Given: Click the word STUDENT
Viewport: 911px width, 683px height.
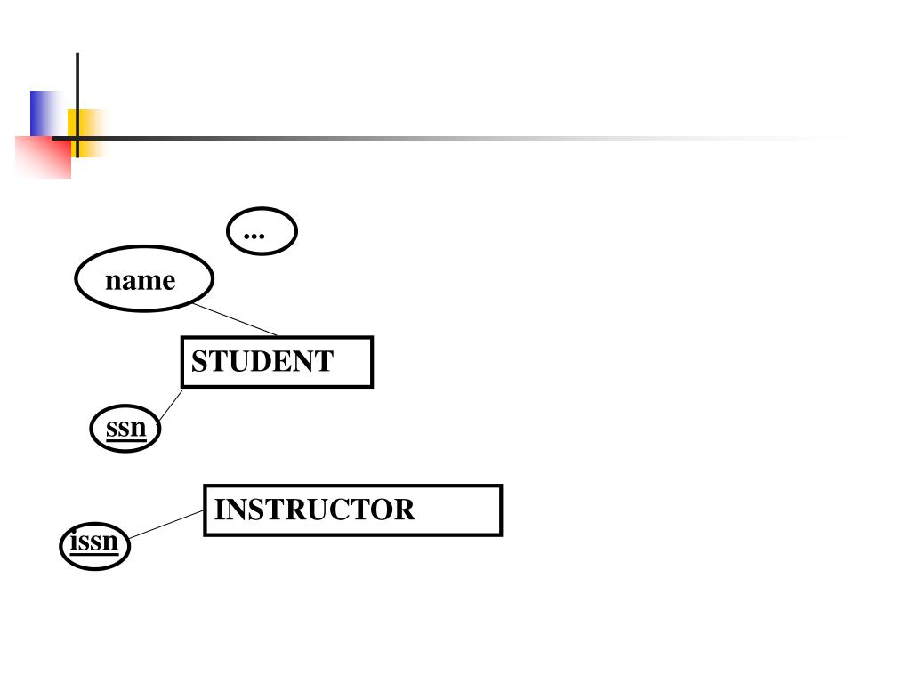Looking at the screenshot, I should pyautogui.click(x=262, y=362).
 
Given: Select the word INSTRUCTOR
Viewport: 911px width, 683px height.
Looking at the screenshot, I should pyautogui.click(x=314, y=510).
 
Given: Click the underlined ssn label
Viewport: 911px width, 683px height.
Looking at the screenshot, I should pyautogui.click(x=125, y=428).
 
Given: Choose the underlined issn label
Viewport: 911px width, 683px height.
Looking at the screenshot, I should pyautogui.click(x=94, y=540).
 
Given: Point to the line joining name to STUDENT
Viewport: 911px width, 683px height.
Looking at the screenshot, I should pyautogui.click(x=235, y=319).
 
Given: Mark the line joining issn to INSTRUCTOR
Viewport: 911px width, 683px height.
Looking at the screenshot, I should pyautogui.click(x=166, y=525).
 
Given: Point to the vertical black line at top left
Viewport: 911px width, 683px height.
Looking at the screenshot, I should pyautogui.click(x=77, y=89).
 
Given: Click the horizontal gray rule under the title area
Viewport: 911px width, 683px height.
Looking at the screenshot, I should pyautogui.click(x=445, y=138).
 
